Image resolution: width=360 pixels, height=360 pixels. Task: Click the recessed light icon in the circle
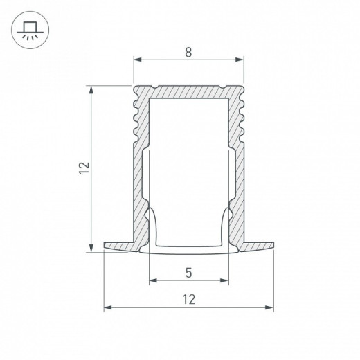[x=30, y=30]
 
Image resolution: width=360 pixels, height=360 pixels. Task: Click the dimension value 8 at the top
[x=188, y=53]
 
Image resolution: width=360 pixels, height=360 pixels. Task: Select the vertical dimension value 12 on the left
[x=84, y=168]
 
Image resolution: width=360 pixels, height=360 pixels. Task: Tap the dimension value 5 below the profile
[x=189, y=273]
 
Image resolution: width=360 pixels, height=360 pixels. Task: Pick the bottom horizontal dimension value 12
[x=189, y=299]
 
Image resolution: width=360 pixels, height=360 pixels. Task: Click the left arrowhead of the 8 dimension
[x=138, y=60]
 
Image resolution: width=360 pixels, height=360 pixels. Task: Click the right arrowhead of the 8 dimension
[x=240, y=60]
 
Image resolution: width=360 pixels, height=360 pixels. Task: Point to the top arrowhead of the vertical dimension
[x=91, y=90]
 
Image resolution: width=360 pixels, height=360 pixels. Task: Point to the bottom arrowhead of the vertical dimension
[x=91, y=248]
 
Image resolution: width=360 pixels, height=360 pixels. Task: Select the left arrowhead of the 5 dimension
[x=153, y=280]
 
